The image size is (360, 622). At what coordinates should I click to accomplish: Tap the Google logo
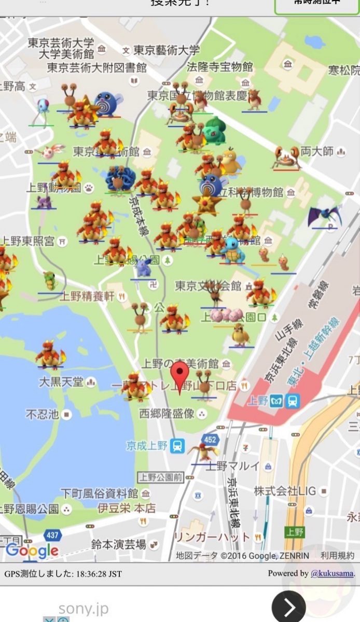[32, 550]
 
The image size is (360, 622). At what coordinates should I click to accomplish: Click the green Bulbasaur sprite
[214, 131]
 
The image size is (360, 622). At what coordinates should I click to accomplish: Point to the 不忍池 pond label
[43, 414]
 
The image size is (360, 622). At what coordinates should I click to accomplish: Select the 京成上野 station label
[148, 445]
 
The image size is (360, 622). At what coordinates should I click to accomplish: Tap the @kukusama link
[333, 573]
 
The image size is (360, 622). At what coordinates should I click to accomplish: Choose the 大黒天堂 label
[61, 382]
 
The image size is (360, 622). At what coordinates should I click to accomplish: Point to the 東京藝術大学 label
[167, 50]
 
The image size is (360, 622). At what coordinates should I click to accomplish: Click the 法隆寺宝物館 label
[220, 67]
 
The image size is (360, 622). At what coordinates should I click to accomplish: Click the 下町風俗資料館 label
[99, 493]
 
